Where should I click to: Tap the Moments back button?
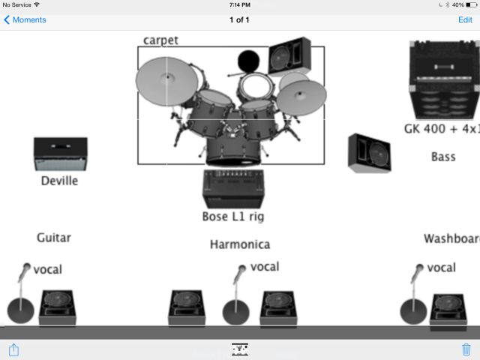point(25,19)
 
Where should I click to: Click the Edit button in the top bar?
point(465,19)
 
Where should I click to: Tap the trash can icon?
point(466,349)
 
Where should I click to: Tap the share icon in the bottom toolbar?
point(13,349)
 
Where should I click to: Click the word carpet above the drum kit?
point(160,40)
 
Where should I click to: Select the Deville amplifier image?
point(60,154)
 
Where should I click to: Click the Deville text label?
point(59,181)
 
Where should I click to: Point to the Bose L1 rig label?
point(233,217)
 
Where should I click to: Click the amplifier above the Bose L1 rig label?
point(233,188)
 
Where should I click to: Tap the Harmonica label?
point(240,244)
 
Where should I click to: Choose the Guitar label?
point(54,238)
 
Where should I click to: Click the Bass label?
point(443,157)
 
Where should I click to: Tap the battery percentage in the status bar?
point(458,4)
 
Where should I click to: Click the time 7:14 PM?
point(240,4)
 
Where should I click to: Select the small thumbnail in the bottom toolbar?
point(240,349)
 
